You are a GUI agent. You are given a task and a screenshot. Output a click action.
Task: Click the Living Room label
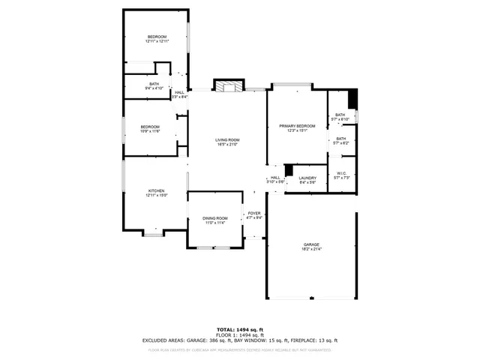(x=227, y=142)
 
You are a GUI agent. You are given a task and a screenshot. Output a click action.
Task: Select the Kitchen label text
(x=156, y=193)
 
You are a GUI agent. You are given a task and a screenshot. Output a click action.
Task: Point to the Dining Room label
(x=214, y=220)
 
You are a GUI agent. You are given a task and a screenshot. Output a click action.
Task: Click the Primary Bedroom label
(x=297, y=128)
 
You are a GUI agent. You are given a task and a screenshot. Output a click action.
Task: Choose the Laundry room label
(x=307, y=180)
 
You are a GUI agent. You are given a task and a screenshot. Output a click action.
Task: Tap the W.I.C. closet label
(x=341, y=175)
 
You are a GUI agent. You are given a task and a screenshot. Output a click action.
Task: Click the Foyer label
(x=254, y=215)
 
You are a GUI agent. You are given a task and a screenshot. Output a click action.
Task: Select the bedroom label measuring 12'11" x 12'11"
(x=157, y=39)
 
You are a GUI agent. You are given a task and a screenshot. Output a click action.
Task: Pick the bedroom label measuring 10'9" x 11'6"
(x=150, y=129)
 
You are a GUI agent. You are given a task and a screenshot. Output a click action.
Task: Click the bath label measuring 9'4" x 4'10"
(x=154, y=86)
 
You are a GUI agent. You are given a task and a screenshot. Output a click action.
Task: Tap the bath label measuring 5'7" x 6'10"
(x=340, y=117)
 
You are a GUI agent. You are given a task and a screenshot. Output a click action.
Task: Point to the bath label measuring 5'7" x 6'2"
(x=340, y=140)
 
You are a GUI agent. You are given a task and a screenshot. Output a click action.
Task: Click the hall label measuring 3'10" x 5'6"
(x=275, y=180)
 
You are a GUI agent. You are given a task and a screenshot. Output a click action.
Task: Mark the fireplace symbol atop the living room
(x=229, y=85)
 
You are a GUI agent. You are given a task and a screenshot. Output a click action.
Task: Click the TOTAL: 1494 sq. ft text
(x=239, y=329)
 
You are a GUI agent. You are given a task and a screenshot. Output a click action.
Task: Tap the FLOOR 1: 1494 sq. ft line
(x=239, y=334)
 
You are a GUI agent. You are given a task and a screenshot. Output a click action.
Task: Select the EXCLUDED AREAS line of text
(x=239, y=340)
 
